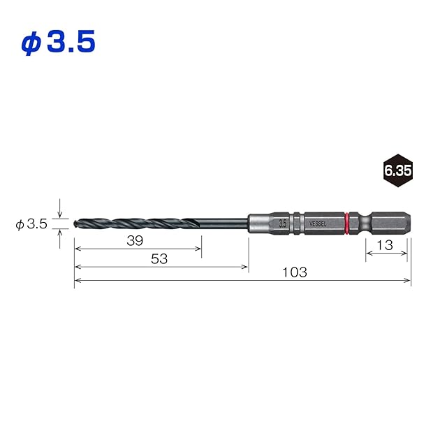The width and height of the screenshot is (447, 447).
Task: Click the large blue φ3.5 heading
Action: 58,42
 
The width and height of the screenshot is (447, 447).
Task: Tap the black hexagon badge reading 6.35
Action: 397,170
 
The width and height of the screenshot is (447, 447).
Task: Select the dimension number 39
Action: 135,241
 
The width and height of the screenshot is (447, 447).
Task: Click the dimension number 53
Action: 159,259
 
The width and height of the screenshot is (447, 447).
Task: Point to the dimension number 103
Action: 295,272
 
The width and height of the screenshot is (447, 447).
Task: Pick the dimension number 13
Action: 385,245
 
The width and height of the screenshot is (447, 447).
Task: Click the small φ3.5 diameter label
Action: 31,224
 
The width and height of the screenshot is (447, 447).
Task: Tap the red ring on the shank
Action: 346,223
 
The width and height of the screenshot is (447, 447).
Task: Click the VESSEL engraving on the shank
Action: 318,223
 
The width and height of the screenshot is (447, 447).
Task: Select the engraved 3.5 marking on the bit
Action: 282,223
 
